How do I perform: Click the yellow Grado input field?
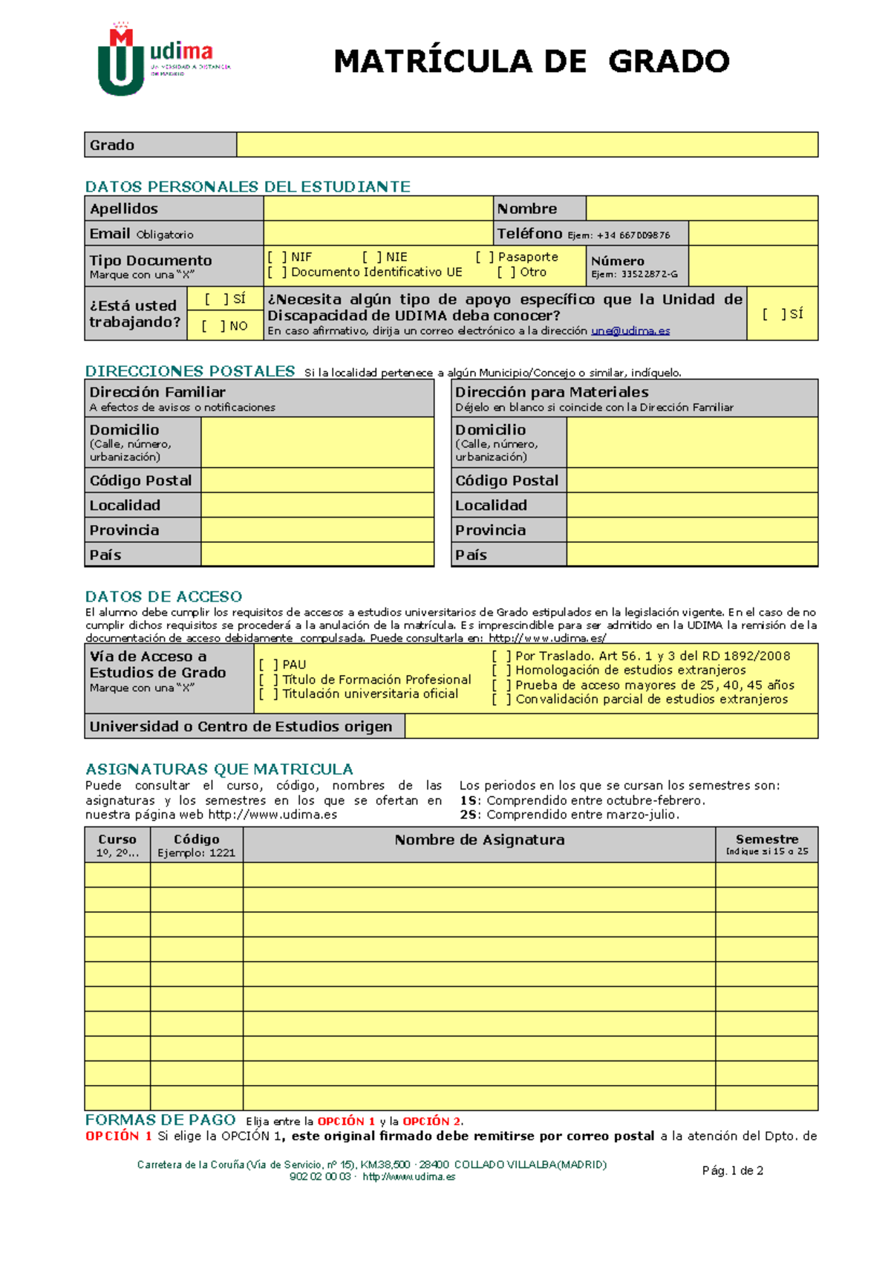[526, 145]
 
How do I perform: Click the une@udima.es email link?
[630, 331]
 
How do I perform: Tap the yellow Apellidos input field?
[378, 209]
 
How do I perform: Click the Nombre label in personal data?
[527, 209]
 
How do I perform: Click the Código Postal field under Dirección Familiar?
[317, 480]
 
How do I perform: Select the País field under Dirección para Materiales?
[692, 555]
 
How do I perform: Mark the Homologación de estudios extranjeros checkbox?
[501, 670]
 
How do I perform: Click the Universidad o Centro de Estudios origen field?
[611, 726]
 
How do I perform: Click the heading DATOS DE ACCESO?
[163, 596]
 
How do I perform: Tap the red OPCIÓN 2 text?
[431, 1121]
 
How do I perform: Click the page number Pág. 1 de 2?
[732, 1170]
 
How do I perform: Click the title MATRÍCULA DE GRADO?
[532, 61]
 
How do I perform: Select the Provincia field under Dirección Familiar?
[317, 530]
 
